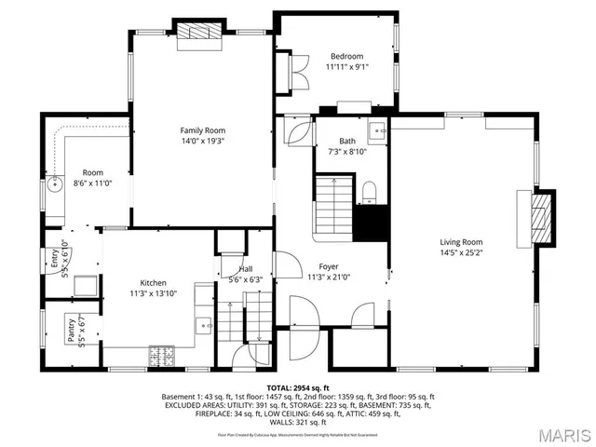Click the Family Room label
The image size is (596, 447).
point(203,130)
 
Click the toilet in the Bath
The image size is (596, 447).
point(368,192)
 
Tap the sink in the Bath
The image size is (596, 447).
point(376,129)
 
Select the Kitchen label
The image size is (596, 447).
point(153,282)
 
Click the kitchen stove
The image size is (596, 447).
point(162,356)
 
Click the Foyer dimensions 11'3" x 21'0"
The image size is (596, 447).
point(328,277)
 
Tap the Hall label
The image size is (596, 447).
point(245,269)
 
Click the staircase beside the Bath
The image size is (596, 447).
point(333,205)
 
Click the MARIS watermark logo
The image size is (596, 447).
point(562,434)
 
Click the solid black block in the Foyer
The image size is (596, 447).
point(372,223)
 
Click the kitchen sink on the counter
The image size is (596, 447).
point(202,325)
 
